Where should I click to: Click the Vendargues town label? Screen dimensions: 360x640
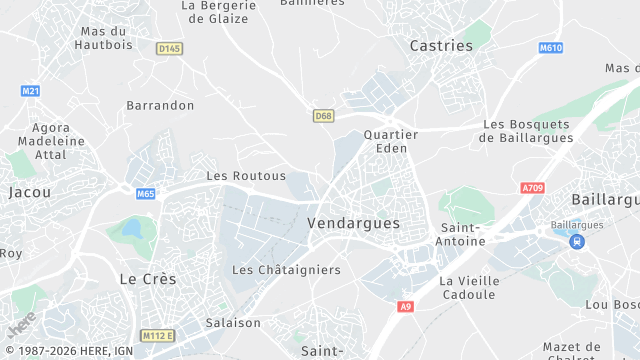[x=354, y=223]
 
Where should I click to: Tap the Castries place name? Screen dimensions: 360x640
[x=441, y=45]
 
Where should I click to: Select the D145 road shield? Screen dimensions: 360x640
[x=169, y=48]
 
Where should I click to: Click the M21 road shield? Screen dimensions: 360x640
[x=30, y=91]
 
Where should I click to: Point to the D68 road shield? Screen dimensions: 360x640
[x=322, y=115]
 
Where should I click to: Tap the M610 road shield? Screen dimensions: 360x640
[x=550, y=48]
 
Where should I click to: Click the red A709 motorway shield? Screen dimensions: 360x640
[x=533, y=187]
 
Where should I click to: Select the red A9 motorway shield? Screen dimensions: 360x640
[x=405, y=306]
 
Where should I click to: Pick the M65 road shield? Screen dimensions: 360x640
[x=146, y=193]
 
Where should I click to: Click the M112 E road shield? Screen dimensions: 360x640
[x=157, y=335]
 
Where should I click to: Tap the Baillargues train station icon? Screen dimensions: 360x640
[x=576, y=241]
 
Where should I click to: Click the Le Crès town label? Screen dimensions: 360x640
[x=147, y=279]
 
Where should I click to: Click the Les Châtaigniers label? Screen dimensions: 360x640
[x=286, y=270]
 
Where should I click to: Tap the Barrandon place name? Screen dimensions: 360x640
[x=160, y=105]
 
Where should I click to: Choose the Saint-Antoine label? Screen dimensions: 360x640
[x=462, y=234]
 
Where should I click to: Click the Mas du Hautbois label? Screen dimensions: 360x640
[x=104, y=37]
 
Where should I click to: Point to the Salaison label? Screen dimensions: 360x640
[x=233, y=323]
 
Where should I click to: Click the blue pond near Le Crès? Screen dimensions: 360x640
[x=132, y=229]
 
